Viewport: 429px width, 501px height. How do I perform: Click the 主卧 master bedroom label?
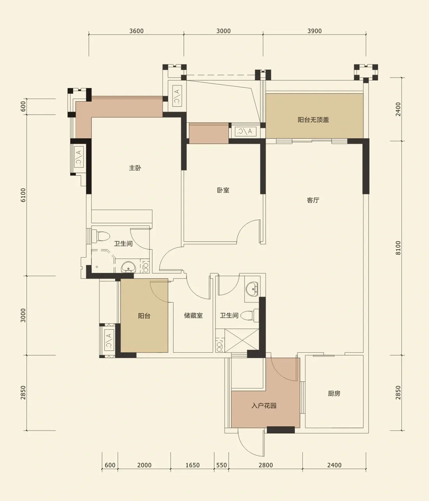click(135, 168)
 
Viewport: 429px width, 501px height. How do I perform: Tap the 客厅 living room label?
click(313, 200)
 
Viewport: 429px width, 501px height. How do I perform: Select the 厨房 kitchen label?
click(334, 393)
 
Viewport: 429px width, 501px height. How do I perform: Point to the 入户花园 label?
click(264, 405)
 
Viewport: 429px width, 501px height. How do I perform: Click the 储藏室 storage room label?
click(193, 315)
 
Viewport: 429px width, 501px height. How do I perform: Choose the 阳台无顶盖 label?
click(313, 120)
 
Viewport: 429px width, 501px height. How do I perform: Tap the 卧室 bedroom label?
click(223, 190)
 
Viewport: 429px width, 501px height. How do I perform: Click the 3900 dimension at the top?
click(314, 31)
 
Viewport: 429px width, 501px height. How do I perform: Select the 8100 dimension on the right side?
click(398, 248)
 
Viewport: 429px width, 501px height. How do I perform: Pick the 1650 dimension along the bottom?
click(192, 465)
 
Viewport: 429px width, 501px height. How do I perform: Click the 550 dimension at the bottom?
click(222, 465)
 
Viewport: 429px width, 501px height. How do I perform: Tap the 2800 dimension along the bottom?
click(266, 465)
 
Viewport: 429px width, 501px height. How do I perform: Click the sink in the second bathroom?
click(252, 289)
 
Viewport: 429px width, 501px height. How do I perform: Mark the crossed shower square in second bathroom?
click(242, 341)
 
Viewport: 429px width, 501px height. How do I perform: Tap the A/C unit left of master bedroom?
click(79, 157)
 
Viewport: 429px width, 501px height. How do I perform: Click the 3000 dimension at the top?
click(223, 31)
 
